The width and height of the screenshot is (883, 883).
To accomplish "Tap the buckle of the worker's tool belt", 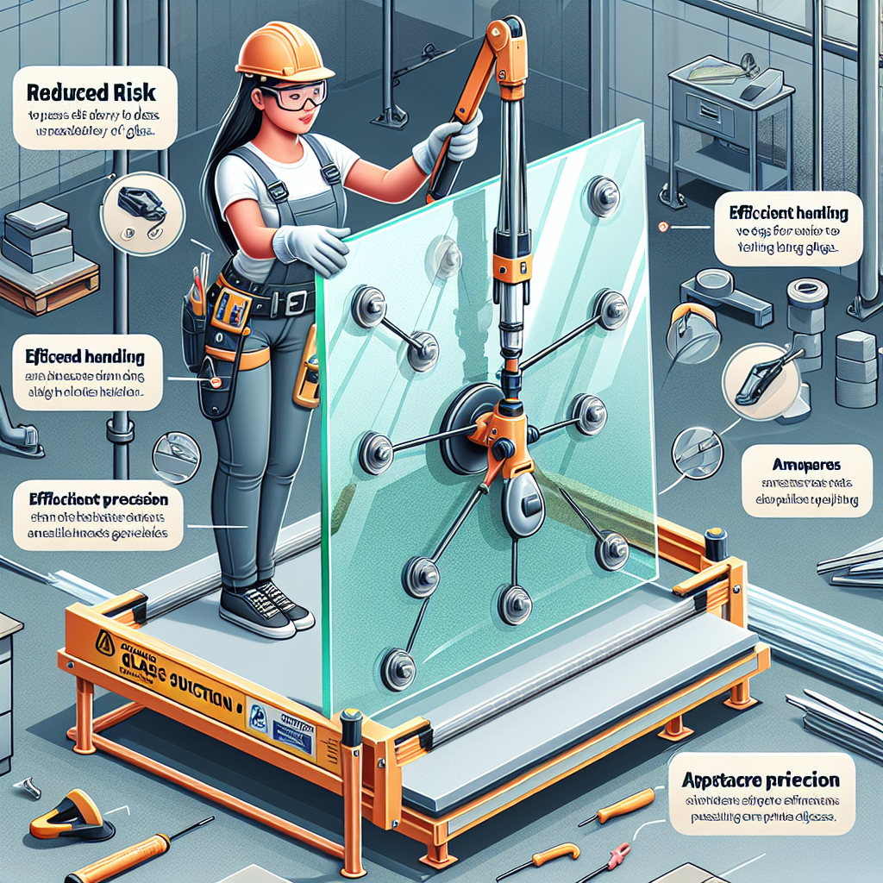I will [297, 302].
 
